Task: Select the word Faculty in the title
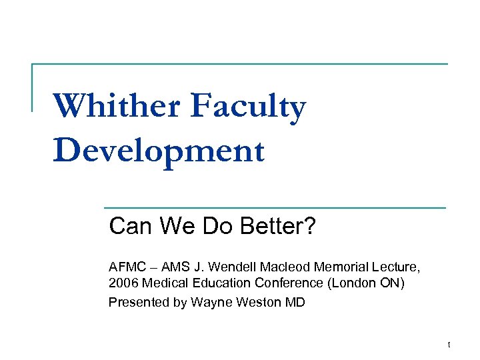click(x=248, y=108)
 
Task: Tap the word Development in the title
click(x=159, y=151)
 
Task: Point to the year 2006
click(x=121, y=283)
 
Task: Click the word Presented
click(x=138, y=302)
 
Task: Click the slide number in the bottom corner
click(x=449, y=345)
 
